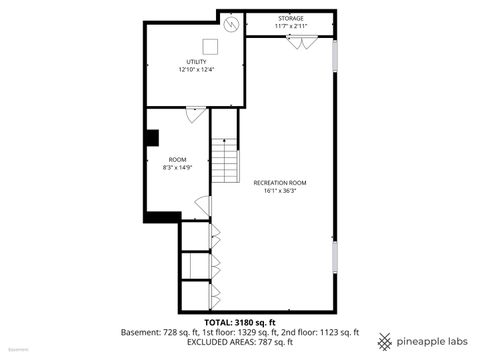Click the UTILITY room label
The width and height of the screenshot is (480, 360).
coord(196,62)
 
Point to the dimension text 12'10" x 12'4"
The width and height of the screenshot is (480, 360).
coord(196,70)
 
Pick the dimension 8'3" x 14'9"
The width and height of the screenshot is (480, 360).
coord(177,168)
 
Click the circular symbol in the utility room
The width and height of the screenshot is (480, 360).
coord(232,23)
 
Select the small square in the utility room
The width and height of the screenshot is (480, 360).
coord(211,45)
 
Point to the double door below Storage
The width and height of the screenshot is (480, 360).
coord(299,40)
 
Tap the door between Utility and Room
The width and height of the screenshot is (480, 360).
coord(196,113)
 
